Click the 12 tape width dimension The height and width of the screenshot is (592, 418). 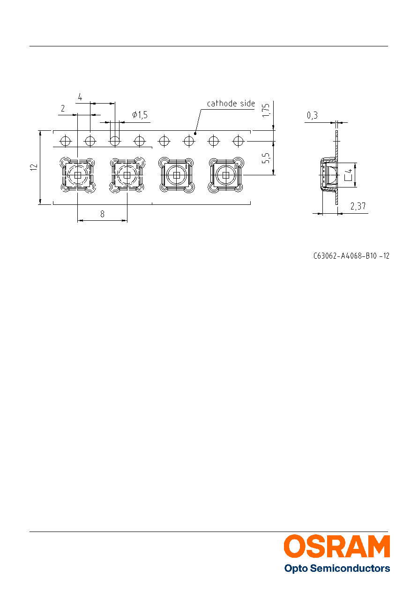pyautogui.click(x=34, y=167)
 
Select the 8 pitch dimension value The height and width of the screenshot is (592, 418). pyautogui.click(x=103, y=214)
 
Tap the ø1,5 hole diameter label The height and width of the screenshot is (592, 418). pyautogui.click(x=140, y=115)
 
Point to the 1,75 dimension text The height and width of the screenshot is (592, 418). pyautogui.click(x=266, y=110)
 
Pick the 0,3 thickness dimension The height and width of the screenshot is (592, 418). pyautogui.click(x=312, y=115)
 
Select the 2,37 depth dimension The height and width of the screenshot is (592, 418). pyautogui.click(x=358, y=206)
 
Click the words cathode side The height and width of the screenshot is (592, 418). pyautogui.click(x=231, y=103)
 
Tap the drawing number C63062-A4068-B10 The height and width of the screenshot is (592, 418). pyautogui.click(x=345, y=256)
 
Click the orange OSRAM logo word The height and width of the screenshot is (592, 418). pyautogui.click(x=337, y=546)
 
